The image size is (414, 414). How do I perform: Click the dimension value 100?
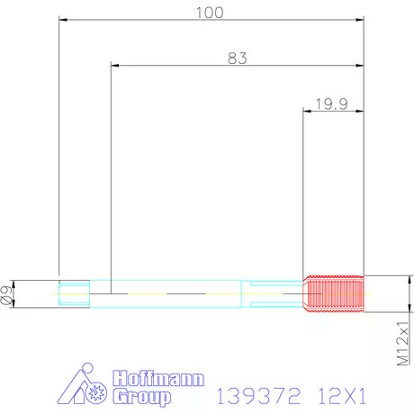[x=211, y=13]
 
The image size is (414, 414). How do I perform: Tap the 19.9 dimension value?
[x=332, y=103]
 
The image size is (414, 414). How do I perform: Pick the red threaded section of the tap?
[x=335, y=292]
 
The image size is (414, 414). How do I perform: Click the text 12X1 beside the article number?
[x=346, y=395]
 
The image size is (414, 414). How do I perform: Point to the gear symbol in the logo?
[x=97, y=392]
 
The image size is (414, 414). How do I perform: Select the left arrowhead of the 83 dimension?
[x=113, y=65]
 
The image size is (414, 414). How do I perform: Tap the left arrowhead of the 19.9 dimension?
[x=307, y=112]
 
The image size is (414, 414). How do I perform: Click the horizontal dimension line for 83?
[x=180, y=65]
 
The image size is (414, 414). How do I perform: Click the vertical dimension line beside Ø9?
[x=17, y=292]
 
